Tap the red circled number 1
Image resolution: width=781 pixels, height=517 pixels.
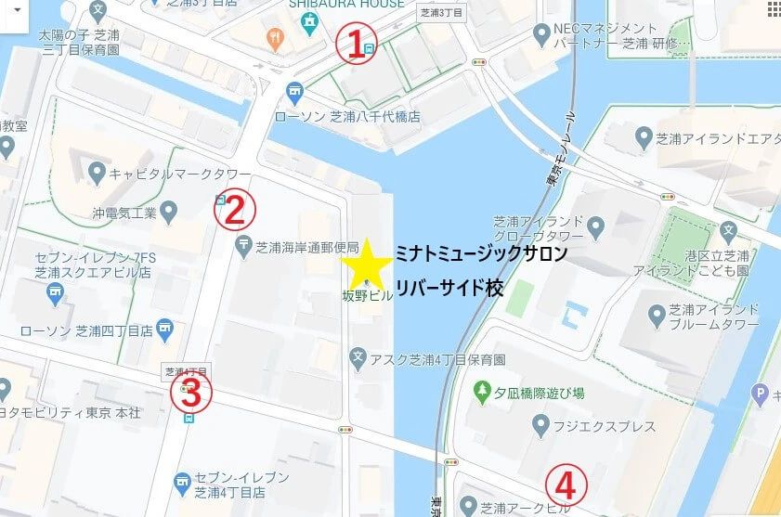(x=353, y=45)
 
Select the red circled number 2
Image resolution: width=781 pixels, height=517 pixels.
(x=233, y=211)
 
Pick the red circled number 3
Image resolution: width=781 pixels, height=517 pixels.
(x=190, y=394)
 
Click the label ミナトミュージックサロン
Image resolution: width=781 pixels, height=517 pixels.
(x=480, y=253)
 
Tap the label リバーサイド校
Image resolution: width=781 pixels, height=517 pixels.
(x=450, y=288)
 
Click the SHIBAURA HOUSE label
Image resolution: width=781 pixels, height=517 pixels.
(x=346, y=4)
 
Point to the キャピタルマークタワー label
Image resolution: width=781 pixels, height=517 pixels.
(x=180, y=174)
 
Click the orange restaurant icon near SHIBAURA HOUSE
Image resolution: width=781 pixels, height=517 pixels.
(x=274, y=38)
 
